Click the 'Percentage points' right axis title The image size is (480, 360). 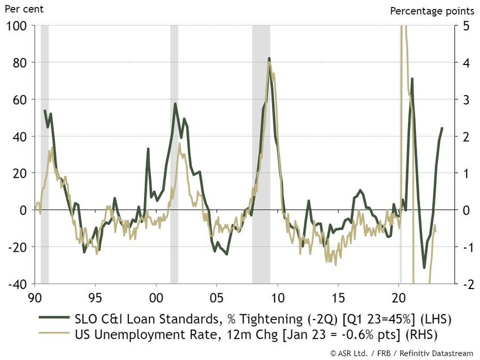point(432,11)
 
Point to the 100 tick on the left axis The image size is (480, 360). point(18,26)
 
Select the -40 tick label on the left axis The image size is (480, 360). point(18,284)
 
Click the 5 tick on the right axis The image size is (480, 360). point(465,26)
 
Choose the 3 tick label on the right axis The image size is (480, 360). point(465,100)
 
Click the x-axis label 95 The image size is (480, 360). point(95,295)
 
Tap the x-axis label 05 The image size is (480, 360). point(216,295)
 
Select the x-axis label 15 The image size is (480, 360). point(338,295)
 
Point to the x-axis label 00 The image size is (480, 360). point(156,295)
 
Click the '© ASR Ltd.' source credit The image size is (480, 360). point(353,352)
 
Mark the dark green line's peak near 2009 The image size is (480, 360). point(269,58)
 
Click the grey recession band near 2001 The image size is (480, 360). point(174,155)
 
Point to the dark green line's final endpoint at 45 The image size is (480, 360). point(442,127)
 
